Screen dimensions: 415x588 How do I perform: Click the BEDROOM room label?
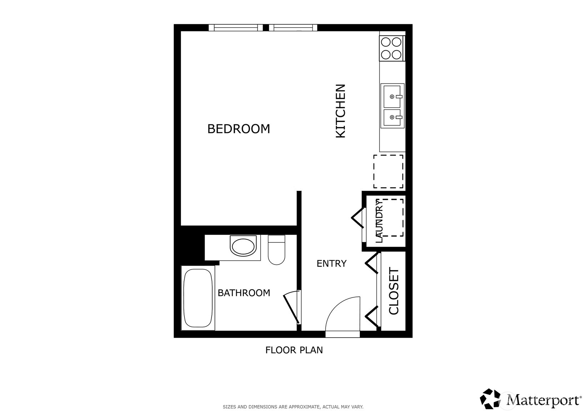click(x=238, y=129)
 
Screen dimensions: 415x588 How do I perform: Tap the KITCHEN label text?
click(x=341, y=111)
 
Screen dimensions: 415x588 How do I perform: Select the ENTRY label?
click(x=331, y=263)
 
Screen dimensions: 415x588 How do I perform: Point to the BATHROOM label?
click(x=244, y=293)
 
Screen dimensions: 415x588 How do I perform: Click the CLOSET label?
click(x=393, y=291)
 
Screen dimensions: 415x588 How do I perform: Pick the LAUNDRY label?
click(x=379, y=221)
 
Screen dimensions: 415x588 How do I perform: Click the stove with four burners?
click(x=391, y=48)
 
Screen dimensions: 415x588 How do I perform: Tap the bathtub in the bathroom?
click(x=198, y=298)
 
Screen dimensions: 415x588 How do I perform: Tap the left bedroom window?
click(x=235, y=28)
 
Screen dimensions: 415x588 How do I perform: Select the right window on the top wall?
click(x=293, y=28)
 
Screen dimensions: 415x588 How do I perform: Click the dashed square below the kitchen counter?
click(x=388, y=171)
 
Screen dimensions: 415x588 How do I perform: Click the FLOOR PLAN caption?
click(x=294, y=350)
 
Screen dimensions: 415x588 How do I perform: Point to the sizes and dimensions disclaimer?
click(x=293, y=406)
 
